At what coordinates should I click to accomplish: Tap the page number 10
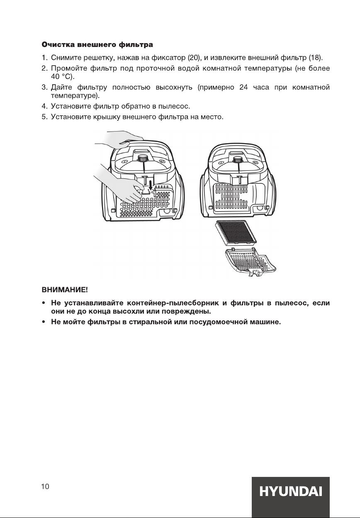45,487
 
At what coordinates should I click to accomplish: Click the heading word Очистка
56,44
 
